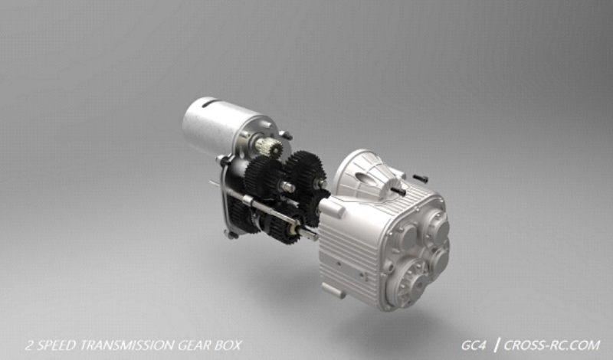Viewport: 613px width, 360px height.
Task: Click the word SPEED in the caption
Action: point(56,345)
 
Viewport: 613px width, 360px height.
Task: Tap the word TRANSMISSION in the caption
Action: point(126,345)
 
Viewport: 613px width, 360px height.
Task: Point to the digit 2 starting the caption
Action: point(29,345)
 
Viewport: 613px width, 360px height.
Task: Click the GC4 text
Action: point(474,345)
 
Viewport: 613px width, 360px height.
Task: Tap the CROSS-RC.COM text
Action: point(552,345)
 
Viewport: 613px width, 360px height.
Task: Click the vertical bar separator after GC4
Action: point(496,345)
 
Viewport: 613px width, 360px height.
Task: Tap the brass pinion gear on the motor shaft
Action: point(270,147)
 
